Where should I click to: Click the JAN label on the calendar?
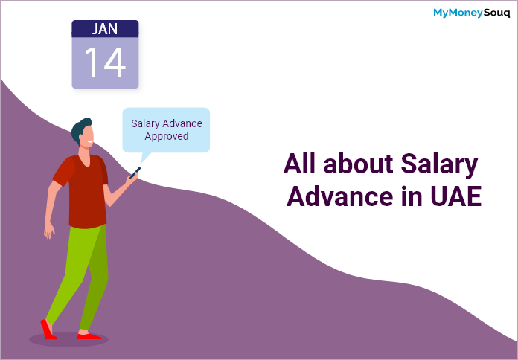[x=105, y=29]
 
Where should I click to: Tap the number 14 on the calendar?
[x=105, y=62]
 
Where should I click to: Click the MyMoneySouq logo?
[x=472, y=13]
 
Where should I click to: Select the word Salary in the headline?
[x=439, y=164]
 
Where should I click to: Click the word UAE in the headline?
[x=456, y=196]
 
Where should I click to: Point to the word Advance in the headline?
[x=340, y=196]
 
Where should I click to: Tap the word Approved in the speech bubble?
[x=167, y=136]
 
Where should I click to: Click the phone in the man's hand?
[x=135, y=173]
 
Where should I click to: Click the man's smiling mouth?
[x=90, y=142]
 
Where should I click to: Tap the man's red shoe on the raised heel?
[x=48, y=330]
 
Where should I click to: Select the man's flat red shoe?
[x=89, y=336]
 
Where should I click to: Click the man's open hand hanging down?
[x=49, y=230]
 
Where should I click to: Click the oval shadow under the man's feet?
[x=68, y=339]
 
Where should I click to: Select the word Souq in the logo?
[x=497, y=13]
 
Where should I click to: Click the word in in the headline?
[x=412, y=196]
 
